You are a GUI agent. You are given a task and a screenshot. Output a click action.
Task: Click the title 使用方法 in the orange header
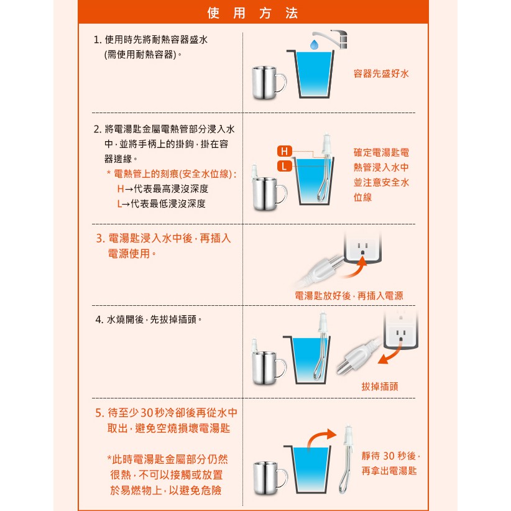[252, 13]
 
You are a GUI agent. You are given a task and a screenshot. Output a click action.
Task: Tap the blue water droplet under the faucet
[314, 45]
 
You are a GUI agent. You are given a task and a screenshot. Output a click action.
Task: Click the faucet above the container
[330, 38]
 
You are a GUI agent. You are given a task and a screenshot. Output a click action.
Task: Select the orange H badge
[284, 151]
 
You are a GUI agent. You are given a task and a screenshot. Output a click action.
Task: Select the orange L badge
[284, 166]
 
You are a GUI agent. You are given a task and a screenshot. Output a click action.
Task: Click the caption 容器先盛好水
[381, 73]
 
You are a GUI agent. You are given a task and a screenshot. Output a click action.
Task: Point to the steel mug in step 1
[269, 83]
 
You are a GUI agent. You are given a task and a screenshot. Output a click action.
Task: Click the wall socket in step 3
[362, 247]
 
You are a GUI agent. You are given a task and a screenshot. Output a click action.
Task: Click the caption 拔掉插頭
[380, 387]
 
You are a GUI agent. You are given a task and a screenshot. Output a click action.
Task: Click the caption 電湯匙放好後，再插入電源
[349, 295]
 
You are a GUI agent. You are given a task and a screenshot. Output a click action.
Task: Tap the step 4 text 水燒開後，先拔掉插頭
[149, 320]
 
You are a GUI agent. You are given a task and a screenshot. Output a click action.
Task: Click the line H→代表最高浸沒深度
[163, 189]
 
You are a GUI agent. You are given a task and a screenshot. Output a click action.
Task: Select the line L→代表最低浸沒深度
[161, 204]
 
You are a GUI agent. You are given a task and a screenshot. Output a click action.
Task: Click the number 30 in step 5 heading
[147, 413]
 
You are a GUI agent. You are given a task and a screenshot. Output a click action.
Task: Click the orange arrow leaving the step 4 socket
[390, 354]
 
